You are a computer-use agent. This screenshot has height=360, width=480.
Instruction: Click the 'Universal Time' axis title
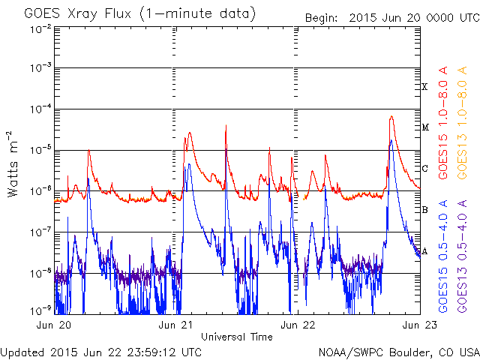point(237,337)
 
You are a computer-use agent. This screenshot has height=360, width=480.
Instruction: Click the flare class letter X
point(424,88)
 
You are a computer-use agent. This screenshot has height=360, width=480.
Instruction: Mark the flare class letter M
point(424,127)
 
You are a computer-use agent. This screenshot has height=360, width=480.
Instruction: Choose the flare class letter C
point(424,169)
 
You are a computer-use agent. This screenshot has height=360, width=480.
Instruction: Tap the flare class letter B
point(424,210)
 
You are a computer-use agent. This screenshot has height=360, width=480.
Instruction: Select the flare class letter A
point(424,251)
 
